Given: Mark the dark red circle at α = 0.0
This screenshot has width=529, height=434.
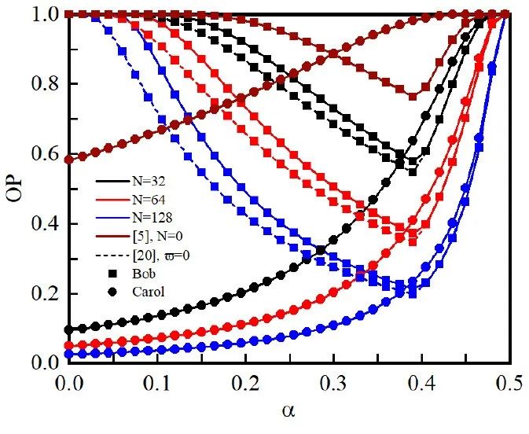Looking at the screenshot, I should (x=69, y=159).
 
